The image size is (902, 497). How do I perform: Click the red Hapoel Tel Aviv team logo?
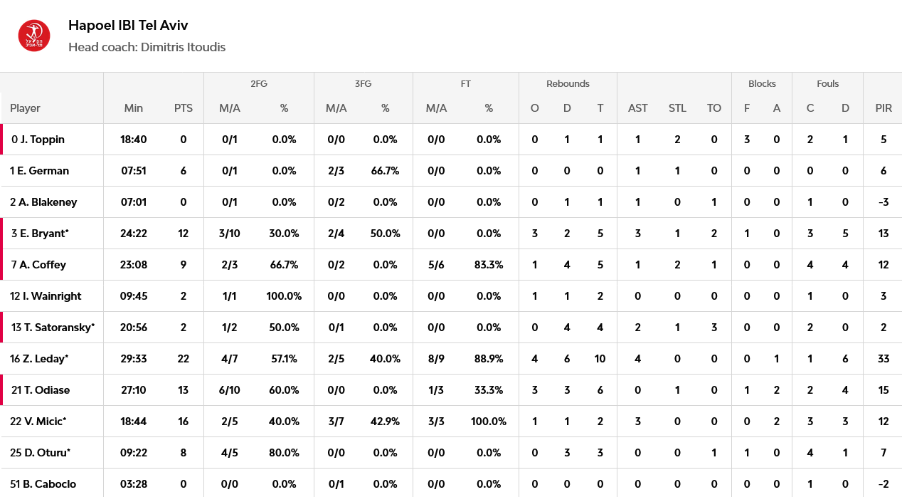coord(34,36)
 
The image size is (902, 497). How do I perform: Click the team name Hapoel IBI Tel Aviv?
coord(128,26)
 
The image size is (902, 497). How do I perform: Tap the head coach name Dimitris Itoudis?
coord(183,47)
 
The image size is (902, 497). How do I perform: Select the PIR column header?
coord(883,108)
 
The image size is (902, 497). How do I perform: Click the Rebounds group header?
coord(568,84)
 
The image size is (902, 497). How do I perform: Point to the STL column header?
coord(677,108)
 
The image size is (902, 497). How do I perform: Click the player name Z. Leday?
coord(45,359)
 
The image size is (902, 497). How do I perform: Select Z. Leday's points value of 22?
coord(184,359)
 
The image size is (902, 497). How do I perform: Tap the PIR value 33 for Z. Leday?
coord(883,359)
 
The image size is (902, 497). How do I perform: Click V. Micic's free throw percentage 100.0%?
coord(489,422)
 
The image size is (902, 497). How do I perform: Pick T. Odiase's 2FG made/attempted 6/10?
coord(230,390)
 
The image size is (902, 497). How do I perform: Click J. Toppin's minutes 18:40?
coord(133,140)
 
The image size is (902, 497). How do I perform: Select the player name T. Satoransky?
coord(59,328)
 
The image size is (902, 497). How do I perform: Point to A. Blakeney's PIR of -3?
coord(883,202)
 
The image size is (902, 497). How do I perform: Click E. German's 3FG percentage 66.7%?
coord(385,171)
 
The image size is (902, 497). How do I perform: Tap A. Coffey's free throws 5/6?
coord(436,265)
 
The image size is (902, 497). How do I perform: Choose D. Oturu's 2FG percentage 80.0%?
coord(284,453)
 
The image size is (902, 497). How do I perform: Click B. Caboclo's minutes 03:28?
coord(133,483)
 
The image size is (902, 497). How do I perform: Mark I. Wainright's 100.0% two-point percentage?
coord(284,296)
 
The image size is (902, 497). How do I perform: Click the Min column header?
coord(133,108)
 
